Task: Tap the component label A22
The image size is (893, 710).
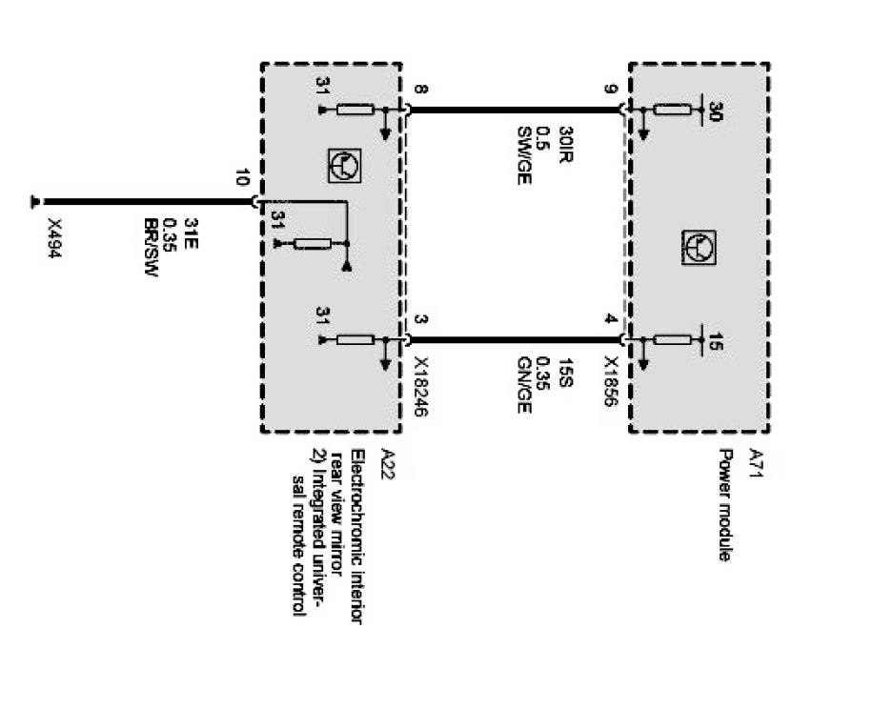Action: point(386,462)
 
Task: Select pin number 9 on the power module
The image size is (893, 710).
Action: point(611,92)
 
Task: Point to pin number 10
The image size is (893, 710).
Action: point(241,178)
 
